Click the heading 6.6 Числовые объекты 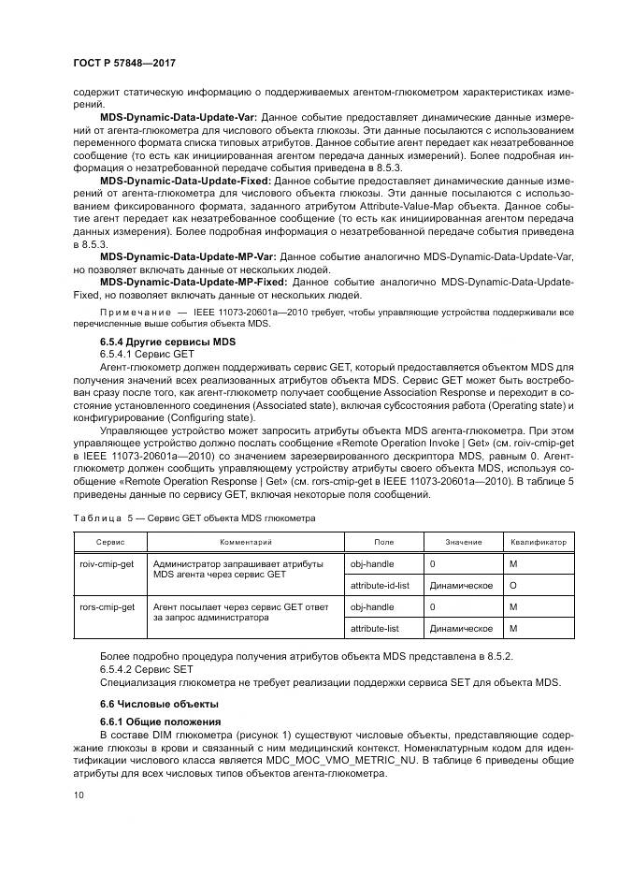[145, 703]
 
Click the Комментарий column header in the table [245, 542]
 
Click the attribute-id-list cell [378, 585]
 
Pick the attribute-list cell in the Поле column [374, 628]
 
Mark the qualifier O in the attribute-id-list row [513, 585]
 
